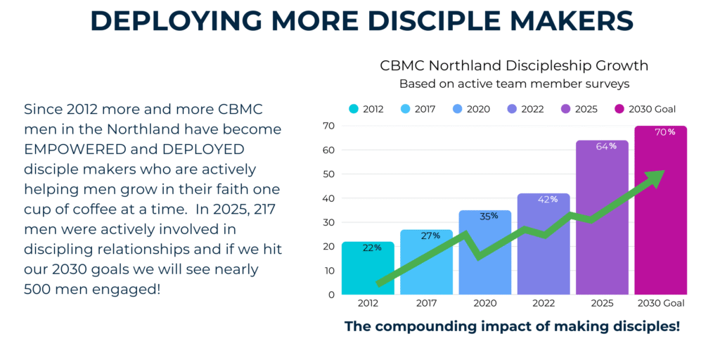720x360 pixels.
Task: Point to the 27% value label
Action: [426, 236]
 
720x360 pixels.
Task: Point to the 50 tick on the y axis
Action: [328, 174]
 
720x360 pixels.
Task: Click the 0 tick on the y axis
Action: [330, 295]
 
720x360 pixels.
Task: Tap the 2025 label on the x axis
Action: [602, 304]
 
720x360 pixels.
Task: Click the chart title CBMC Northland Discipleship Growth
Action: [513, 66]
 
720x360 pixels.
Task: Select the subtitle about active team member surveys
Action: [513, 84]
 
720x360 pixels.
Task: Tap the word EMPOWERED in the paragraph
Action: [77, 150]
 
